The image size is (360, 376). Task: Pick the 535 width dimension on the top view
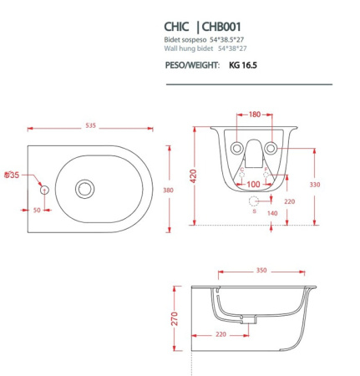[90, 126]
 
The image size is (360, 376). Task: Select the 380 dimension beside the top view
[168, 191]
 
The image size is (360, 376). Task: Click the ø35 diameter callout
[11, 175]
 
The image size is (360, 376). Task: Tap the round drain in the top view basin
[84, 189]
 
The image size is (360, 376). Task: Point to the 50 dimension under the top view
[37, 211]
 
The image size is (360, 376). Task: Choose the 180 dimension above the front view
[253, 114]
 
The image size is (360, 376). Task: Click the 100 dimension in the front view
[253, 184]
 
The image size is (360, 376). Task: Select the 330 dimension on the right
[314, 185]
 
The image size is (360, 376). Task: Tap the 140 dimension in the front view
[272, 214]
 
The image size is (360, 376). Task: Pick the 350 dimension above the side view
[261, 272]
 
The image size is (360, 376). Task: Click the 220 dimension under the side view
[221, 334]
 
